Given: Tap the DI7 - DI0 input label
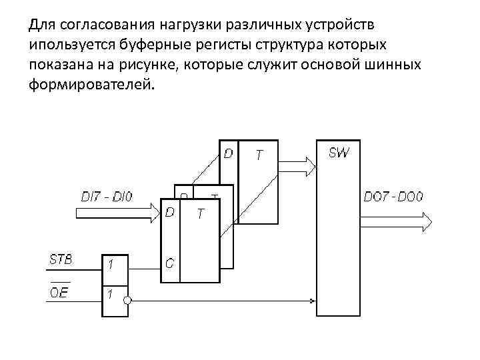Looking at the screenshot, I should pos(107,197).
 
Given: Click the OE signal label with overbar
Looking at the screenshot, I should pos(59,292).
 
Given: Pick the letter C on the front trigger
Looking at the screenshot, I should pos(170,263).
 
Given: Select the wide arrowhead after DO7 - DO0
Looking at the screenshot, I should pos(427,219).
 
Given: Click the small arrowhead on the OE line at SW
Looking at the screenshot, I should pos(315,299).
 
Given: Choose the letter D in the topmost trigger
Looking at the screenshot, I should pos(228,154).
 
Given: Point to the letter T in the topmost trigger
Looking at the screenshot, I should pos(259,155).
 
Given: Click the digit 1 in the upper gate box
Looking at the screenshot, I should pos(111,265).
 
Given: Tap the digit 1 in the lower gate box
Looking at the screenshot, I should pos(111,295).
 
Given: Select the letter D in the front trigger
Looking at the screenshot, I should pos(171,212).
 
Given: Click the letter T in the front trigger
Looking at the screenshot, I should pos(200,213).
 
